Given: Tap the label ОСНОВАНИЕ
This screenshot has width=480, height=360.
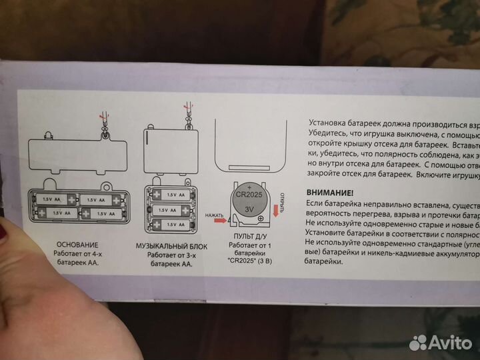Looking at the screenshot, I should click(x=78, y=244).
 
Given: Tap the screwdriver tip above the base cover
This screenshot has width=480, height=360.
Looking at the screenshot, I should click(x=101, y=115).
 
